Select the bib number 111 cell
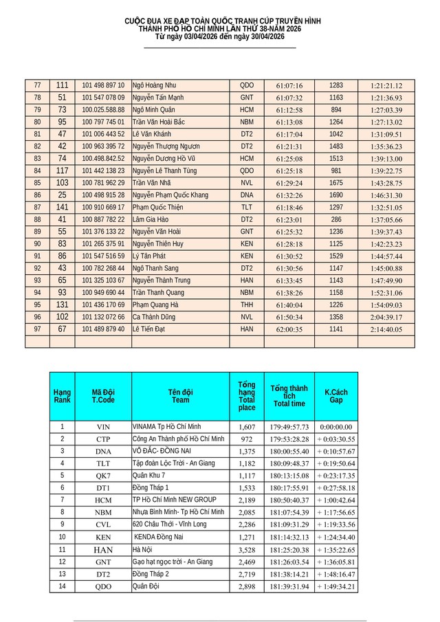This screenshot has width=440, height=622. (63, 85)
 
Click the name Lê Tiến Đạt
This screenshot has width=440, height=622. (152, 329)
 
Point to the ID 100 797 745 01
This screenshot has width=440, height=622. (103, 122)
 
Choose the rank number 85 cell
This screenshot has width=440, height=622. (37, 183)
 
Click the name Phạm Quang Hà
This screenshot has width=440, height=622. (155, 304)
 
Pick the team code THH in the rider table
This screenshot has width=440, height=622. (247, 304)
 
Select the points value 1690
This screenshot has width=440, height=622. (336, 195)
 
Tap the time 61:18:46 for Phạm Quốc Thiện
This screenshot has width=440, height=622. (289, 207)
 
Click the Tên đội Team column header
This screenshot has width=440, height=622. (180, 396)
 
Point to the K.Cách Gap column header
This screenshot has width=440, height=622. (336, 396)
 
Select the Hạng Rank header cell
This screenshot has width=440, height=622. (62, 396)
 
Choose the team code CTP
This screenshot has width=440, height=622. (103, 438)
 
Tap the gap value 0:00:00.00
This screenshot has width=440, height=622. (336, 426)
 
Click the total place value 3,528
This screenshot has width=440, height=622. (246, 550)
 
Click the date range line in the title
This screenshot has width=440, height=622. (219, 36)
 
